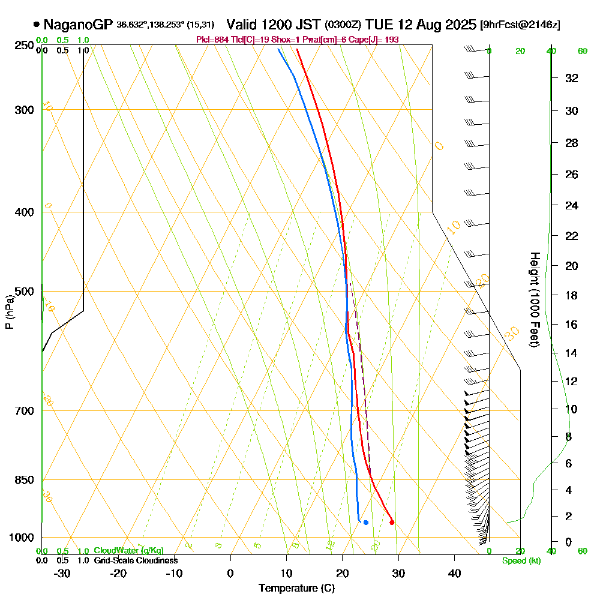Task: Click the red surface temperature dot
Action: pos(392,523)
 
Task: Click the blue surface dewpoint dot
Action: pos(365,523)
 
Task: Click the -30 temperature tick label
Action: pos(62,572)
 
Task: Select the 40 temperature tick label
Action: pos(454,572)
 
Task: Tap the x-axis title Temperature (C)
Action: pos(296,588)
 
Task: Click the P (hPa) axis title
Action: pos(9,312)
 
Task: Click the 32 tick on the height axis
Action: pos(572,78)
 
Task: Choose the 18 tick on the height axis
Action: pos(572,295)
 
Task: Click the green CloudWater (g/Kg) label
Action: pos(128,551)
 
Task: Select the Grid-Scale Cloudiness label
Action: pos(136,560)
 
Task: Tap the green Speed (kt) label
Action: pos(520,561)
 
